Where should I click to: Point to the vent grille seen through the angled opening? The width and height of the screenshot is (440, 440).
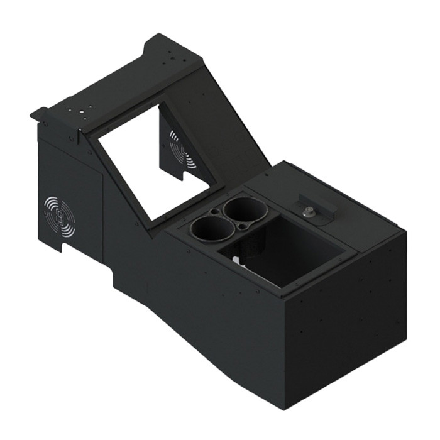coord(182,151)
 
